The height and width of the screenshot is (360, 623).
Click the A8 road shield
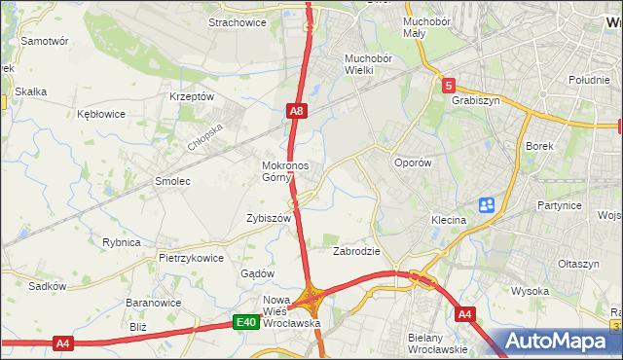(298, 113)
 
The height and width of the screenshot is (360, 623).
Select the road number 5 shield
(447, 86)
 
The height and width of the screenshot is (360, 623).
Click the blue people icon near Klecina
(487, 205)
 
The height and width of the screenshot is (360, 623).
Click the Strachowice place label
(238, 22)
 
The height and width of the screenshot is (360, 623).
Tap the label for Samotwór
(45, 42)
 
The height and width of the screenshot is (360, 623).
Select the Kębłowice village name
(101, 114)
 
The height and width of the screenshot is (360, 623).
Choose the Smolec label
(172, 181)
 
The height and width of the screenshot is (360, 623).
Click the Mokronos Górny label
(285, 171)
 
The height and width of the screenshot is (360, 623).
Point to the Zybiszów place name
(269, 219)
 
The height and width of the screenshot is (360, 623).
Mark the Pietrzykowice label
(192, 258)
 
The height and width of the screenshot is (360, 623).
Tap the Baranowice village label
(150, 303)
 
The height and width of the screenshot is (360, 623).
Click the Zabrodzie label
(356, 251)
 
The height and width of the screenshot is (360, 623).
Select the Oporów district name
(412, 163)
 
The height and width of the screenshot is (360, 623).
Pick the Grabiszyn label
(474, 98)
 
